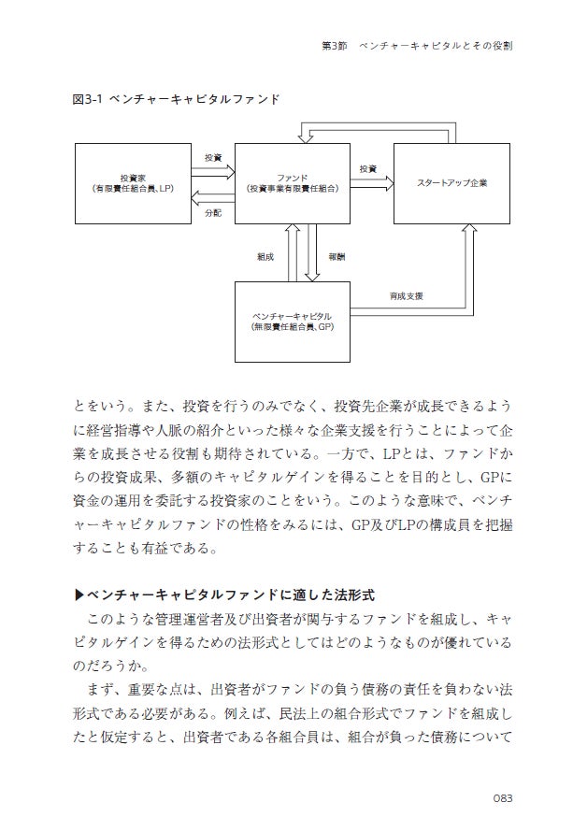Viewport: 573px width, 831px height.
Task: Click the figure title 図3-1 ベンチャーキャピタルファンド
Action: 176,98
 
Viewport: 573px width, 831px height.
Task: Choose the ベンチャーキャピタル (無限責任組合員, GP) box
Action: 292,322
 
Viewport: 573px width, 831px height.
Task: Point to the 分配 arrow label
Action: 212,214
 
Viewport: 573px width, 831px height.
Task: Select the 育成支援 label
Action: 407,296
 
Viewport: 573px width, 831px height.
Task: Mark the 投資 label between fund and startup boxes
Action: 367,169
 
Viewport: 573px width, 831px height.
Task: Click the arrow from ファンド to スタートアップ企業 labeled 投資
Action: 371,184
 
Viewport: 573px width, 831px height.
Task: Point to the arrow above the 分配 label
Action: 212,197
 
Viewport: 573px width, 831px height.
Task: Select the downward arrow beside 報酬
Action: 313,252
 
